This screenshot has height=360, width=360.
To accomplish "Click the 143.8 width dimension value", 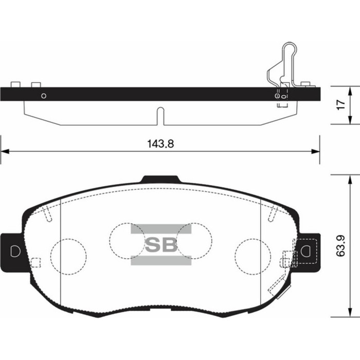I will click(x=160, y=145).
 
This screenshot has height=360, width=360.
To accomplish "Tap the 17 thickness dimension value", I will click(x=340, y=105).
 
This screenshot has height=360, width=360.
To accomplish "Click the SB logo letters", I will click(x=160, y=245).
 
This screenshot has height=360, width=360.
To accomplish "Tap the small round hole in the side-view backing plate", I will click(x=44, y=95).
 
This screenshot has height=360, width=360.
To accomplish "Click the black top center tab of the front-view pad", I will click(x=161, y=179).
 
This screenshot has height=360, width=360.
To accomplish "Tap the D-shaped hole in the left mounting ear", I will click(x=14, y=251).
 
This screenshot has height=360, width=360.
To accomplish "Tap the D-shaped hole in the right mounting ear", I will click(x=307, y=251).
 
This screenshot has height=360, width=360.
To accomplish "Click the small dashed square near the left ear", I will click(x=35, y=262).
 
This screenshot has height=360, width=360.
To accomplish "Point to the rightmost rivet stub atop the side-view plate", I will click(x=307, y=84).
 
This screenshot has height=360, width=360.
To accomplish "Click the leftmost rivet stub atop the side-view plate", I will click(x=15, y=84).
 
